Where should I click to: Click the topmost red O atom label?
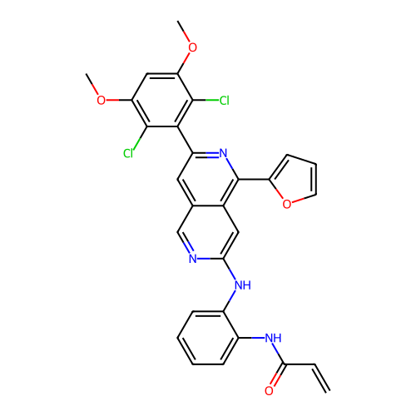point(192,47)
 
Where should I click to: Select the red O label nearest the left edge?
point(101,101)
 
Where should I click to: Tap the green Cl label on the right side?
point(223,101)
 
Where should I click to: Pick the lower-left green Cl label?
point(129,154)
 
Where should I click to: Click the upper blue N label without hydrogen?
point(224,153)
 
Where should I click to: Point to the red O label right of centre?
point(286,205)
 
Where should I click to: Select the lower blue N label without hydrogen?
point(193,258)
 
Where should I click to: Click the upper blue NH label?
point(242,285)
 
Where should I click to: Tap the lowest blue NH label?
point(273,338)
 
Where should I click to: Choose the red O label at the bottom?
point(269,390)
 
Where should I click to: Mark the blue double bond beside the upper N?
point(213,154)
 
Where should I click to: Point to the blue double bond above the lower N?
point(188,247)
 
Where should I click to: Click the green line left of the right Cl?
point(211,101)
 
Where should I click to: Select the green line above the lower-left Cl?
point(136,143)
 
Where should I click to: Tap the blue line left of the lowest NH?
point(258,338)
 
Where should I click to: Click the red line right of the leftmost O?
point(112,101)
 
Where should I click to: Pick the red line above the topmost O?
point(187,37)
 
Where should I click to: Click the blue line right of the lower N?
point(204,258)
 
